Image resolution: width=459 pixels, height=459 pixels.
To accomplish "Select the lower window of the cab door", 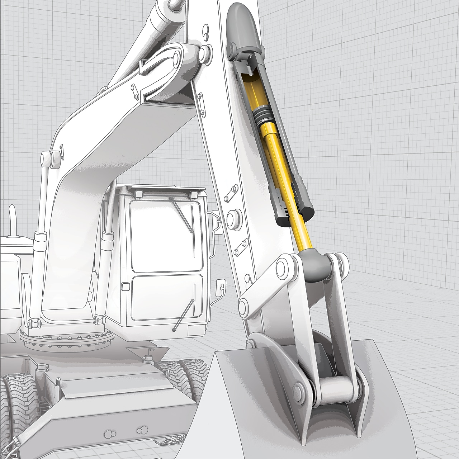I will click(x=167, y=298).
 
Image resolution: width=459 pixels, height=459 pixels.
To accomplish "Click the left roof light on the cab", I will click(x=138, y=194).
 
